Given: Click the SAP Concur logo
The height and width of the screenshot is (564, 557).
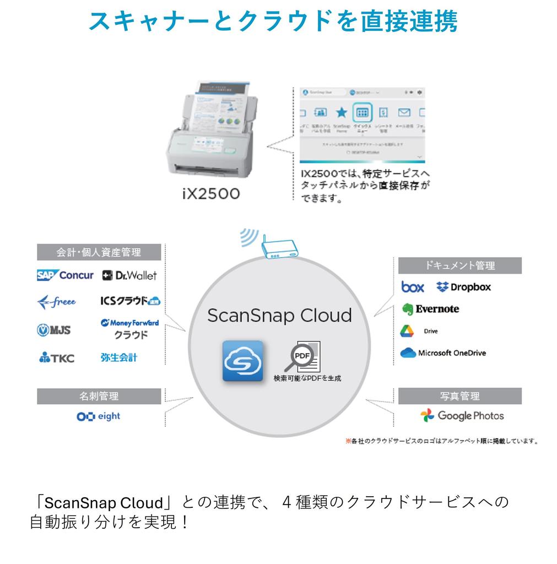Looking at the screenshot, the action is tap(65, 275).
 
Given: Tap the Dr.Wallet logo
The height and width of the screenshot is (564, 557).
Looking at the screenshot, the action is tap(129, 275).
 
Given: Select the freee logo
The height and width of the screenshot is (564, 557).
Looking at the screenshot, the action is tap(56, 302).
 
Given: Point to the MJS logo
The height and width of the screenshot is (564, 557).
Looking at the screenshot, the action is tap(53, 330).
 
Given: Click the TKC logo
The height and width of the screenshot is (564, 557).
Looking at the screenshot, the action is tap(56, 358).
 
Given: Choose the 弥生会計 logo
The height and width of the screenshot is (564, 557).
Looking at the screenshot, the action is tap(118, 357).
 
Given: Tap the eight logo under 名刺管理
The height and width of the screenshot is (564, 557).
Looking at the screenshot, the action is tap(98, 416).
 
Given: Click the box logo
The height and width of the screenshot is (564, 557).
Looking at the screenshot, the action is tap(413, 287).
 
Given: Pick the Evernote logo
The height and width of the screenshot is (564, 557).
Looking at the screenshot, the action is tap(430, 309).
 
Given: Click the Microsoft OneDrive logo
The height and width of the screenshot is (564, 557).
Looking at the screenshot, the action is tap(444, 353).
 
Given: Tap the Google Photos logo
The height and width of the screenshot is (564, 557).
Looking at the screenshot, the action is tap(462, 415).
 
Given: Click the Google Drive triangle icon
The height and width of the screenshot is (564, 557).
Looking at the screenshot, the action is tap(407, 331).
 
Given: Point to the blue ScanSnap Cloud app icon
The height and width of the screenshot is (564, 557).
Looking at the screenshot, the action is tap(242, 361).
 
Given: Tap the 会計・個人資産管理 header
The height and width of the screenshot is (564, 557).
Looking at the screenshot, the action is tap(99, 252).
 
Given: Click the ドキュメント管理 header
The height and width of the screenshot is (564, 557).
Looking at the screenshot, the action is tap(459, 265).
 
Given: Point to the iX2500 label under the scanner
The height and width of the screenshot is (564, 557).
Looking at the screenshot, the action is tap(212, 194).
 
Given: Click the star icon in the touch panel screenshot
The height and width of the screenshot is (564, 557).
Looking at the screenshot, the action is tap(342, 113).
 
